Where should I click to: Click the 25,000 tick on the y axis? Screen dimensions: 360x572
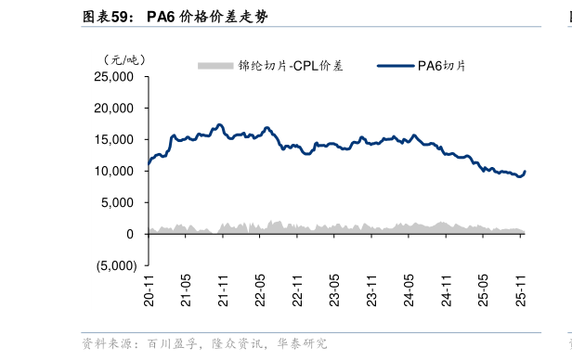115,77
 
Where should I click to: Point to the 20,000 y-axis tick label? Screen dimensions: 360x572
115,109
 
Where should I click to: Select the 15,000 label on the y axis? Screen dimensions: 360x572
115,140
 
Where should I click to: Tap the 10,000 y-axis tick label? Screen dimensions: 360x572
115,172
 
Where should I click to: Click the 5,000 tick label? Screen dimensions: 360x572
119,203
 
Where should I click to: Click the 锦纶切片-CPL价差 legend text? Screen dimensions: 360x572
291,65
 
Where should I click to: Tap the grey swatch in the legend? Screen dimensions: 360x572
214,65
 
